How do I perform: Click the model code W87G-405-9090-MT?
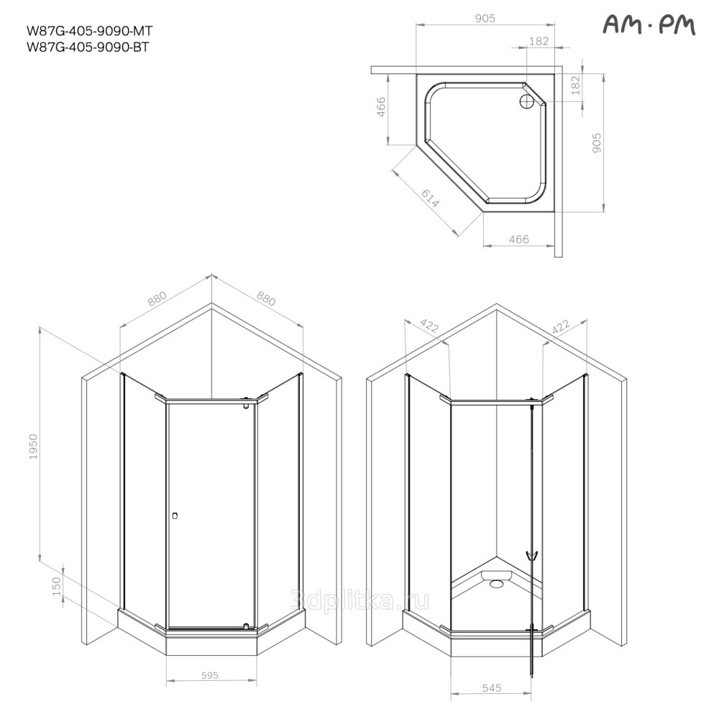click(x=90, y=31)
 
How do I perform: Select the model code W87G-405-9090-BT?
click(x=88, y=47)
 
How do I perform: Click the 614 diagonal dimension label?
click(x=430, y=198)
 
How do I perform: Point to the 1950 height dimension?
click(x=33, y=446)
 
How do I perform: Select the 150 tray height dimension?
click(x=56, y=587)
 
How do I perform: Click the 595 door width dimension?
click(x=210, y=675)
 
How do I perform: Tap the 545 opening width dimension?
click(x=492, y=688)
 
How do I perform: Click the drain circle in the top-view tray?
click(x=526, y=101)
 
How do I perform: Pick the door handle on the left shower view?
click(x=174, y=516)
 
